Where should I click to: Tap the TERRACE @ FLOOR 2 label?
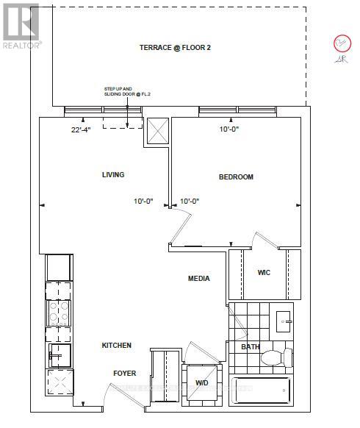coord(175,48)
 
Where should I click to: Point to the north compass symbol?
coord(341,44)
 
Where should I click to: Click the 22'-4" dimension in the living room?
coord(82,130)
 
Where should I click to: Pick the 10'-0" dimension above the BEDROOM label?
coord(229,130)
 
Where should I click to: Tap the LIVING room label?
coord(112,175)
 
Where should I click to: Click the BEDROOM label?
coord(236,177)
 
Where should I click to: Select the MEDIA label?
coord(198,279)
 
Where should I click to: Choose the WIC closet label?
coord(264,273)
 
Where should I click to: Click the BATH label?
coord(251,347)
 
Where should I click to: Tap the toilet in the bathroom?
coord(274,359)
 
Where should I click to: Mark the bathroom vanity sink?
coord(284,319)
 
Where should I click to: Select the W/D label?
coord(201,382)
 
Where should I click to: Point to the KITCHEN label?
coord(116,346)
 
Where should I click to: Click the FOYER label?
coord(124,373)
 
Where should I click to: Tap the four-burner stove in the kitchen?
coord(59,315)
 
